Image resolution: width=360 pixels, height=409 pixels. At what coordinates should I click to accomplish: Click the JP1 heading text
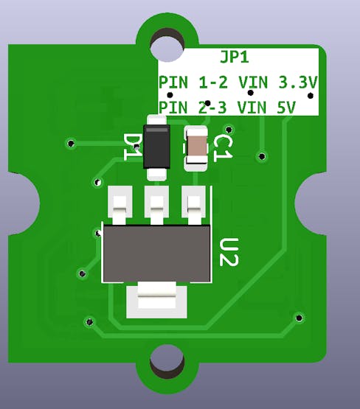[x=234, y=57]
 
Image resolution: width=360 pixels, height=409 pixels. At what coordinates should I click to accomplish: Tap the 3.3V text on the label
[x=298, y=83]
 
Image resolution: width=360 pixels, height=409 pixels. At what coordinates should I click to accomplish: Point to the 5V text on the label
[x=286, y=108]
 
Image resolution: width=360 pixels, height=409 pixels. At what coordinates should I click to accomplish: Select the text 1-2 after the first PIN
[x=213, y=83]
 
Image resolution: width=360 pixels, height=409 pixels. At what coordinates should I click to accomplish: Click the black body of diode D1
[x=156, y=147]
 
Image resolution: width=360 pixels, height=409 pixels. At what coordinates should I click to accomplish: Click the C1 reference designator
[x=223, y=149]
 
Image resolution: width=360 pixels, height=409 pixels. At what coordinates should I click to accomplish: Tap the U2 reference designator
[x=229, y=252]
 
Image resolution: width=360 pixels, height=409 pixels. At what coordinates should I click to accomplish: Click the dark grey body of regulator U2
[x=156, y=254]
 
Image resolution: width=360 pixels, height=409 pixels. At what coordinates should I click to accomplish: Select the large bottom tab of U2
[x=156, y=299]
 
